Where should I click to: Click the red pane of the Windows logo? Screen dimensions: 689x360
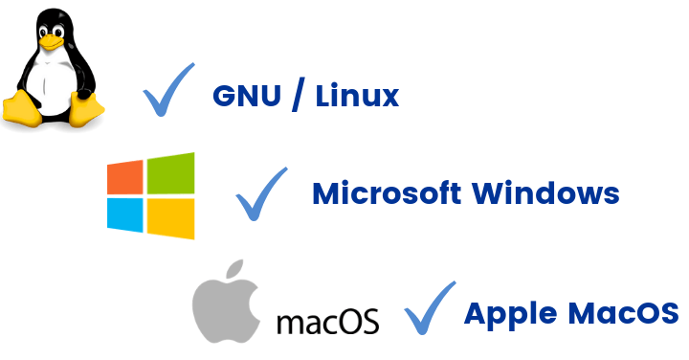tap(125, 177)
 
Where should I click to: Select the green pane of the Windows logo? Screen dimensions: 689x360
tap(172, 172)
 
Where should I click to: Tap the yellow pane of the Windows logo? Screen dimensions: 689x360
tap(172, 217)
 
